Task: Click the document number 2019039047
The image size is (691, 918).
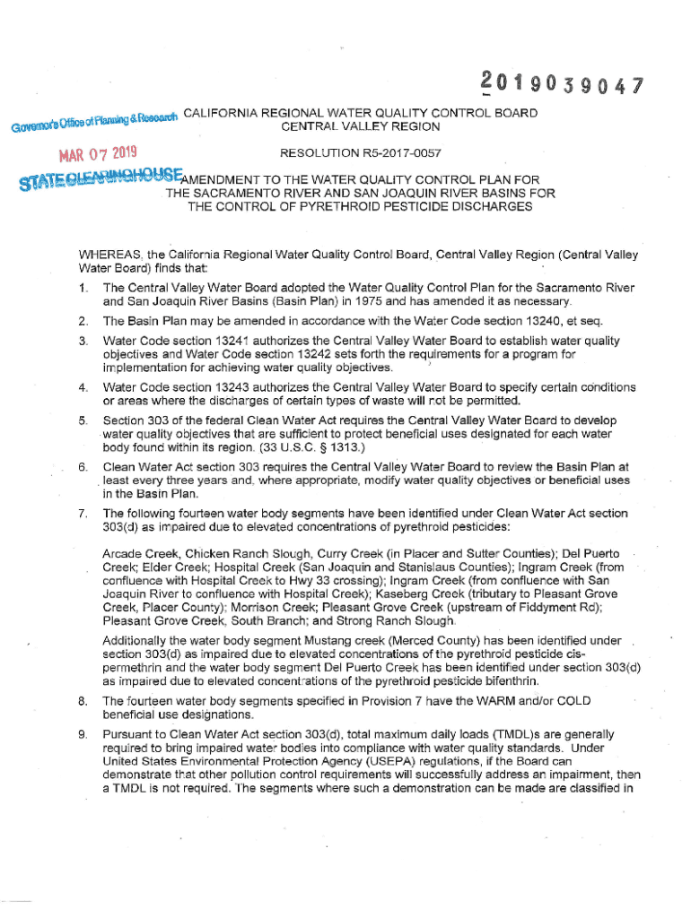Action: point(564,87)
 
